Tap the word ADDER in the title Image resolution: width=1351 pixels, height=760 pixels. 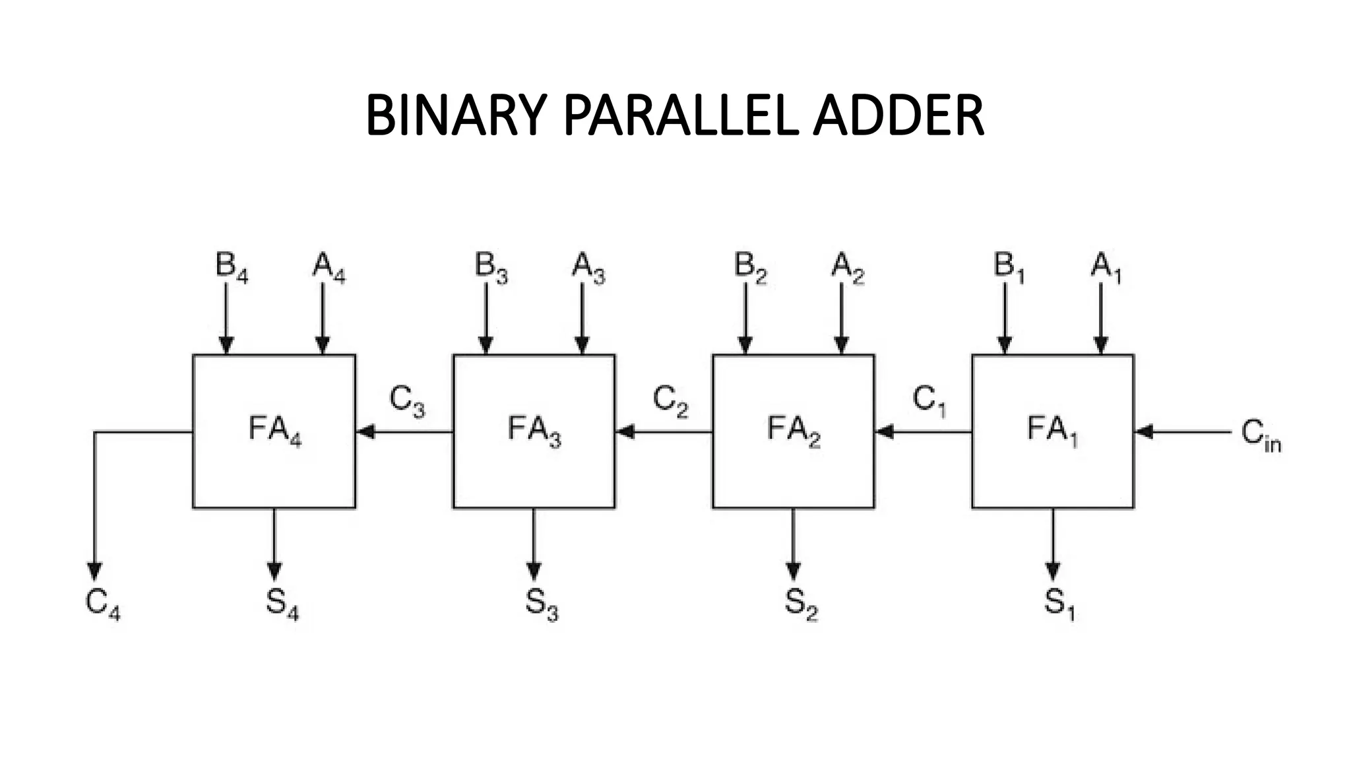click(898, 115)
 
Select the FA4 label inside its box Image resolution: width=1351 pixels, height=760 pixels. click(274, 430)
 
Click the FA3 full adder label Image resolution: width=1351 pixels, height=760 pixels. click(534, 430)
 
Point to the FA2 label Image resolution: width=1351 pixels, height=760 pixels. click(794, 430)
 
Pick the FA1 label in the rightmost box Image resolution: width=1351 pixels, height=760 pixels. click(1052, 430)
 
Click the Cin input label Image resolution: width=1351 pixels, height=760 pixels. click(1260, 435)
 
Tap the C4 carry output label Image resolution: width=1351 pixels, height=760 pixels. click(102, 604)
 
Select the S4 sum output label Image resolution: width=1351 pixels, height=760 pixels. click(282, 604)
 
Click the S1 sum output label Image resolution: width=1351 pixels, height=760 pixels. click(1059, 604)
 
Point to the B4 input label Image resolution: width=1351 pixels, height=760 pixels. click(231, 267)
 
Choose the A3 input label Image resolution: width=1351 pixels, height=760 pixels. click(588, 267)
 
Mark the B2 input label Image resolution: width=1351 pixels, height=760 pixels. click(750, 267)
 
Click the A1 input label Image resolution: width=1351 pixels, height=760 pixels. click(1106, 267)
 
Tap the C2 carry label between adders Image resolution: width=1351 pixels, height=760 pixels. click(670, 401)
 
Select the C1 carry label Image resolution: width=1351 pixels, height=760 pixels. click(929, 401)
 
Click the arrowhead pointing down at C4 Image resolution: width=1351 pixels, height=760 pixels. click(95, 571)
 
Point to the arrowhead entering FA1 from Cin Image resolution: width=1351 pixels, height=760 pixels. click(1144, 432)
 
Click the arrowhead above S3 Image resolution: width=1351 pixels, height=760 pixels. click(534, 571)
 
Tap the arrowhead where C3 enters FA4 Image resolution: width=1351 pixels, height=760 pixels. click(365, 432)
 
